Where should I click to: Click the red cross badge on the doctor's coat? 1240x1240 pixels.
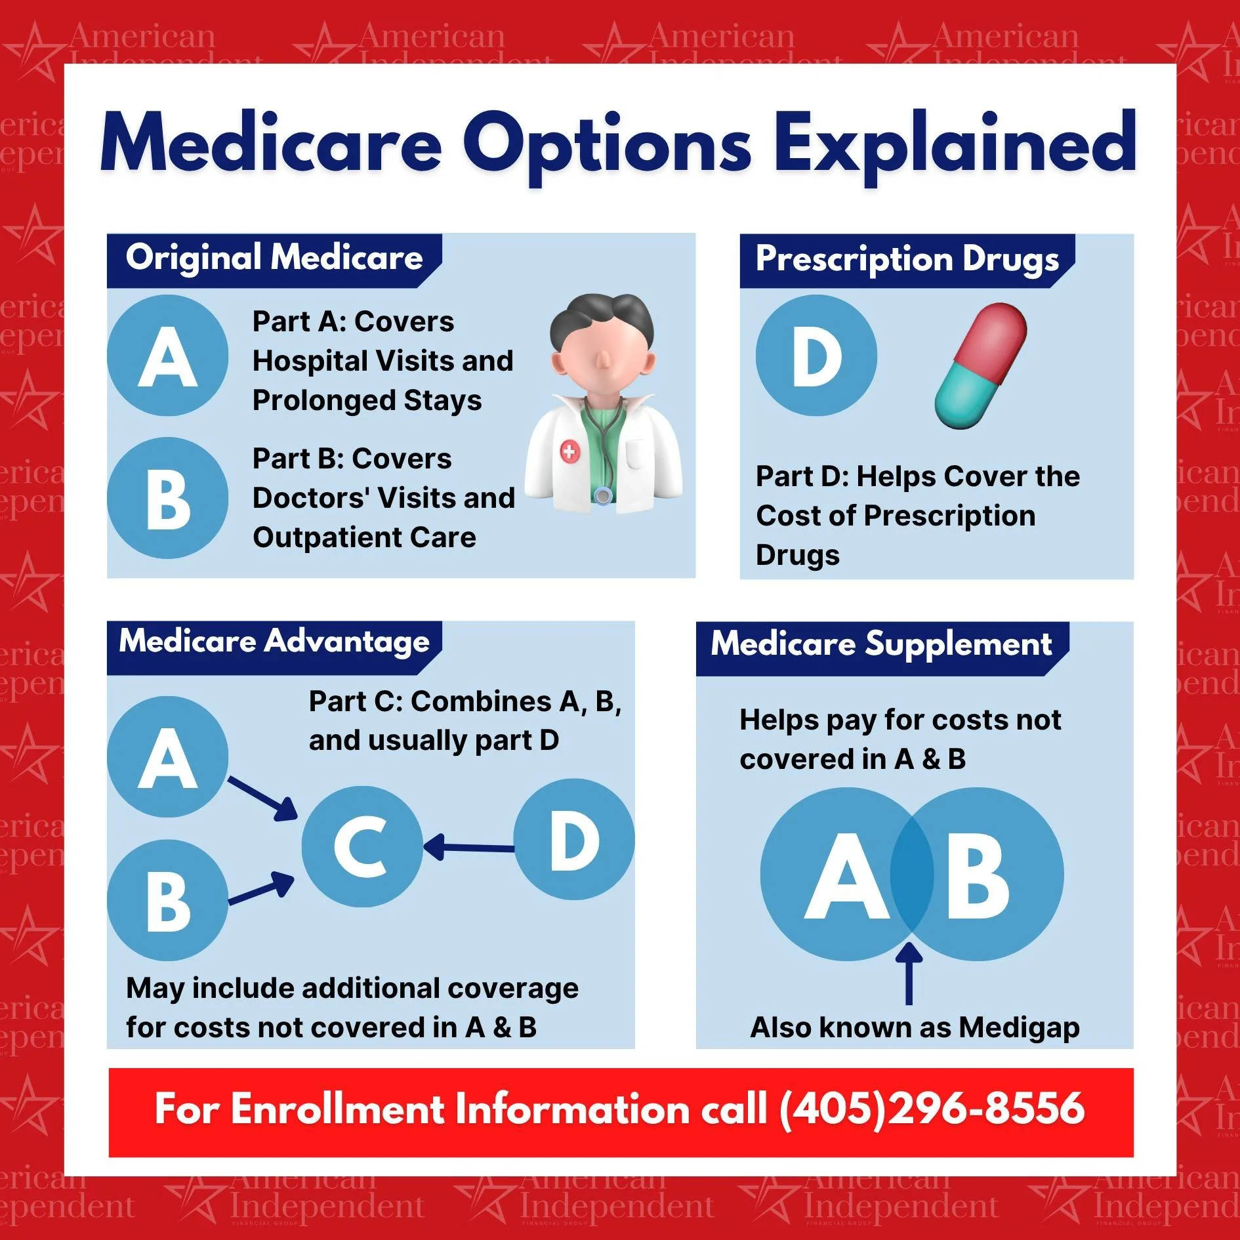pyautogui.click(x=569, y=451)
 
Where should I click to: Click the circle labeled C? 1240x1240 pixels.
pyautogui.click(x=362, y=846)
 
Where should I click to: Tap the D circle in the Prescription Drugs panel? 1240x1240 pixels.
pyautogui.click(x=816, y=356)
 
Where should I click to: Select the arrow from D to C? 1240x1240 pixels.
pyautogui.click(x=468, y=848)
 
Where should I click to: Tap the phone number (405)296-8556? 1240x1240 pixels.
pyautogui.click(x=932, y=1109)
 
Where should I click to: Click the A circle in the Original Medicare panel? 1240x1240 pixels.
pyautogui.click(x=168, y=356)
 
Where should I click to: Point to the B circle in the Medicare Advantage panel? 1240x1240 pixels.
pyautogui.click(x=168, y=901)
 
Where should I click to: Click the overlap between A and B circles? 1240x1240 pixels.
pyautogui.click(x=911, y=875)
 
